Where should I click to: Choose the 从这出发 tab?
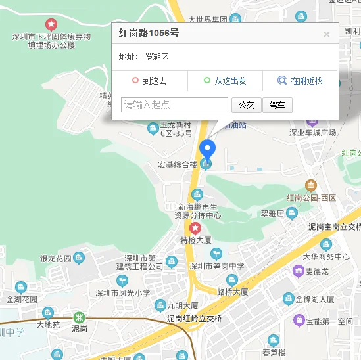coord(225,81)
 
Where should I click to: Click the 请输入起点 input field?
coord(174,104)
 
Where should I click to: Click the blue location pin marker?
coord(208,150)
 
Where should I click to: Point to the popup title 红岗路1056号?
coord(149,33)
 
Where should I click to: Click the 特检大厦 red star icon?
coord(195,228)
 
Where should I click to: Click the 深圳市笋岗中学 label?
coord(216,266)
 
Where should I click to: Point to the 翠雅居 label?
coord(272,214)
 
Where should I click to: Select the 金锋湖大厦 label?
coord(318,299)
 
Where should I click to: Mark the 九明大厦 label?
coord(183,306)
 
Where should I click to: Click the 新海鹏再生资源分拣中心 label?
coord(197,210)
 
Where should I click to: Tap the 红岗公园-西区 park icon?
coord(310,186)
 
